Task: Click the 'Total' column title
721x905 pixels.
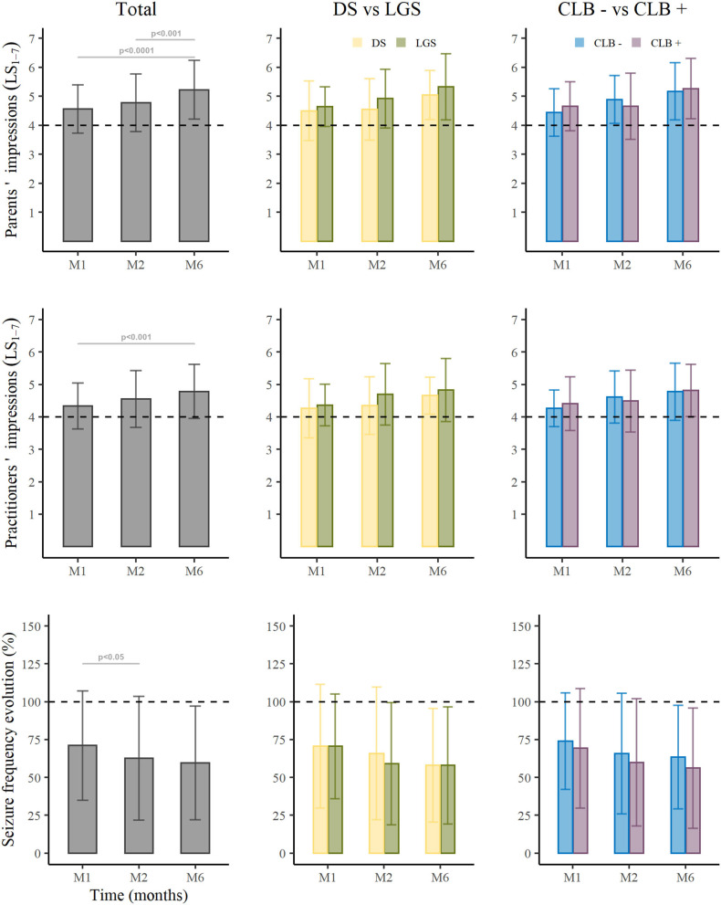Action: click(134, 12)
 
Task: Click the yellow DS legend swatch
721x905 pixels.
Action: click(357, 41)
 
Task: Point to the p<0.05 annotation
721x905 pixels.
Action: click(111, 657)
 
